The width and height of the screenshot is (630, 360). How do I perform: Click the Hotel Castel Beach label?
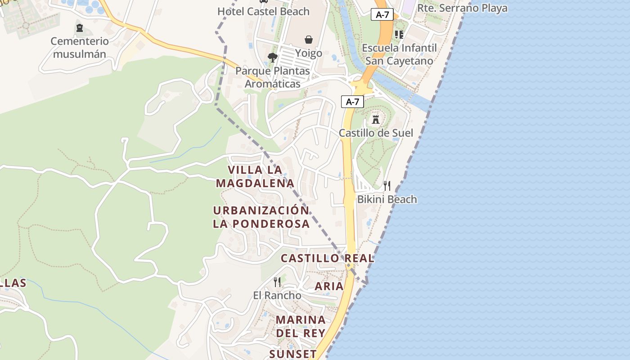click(263, 11)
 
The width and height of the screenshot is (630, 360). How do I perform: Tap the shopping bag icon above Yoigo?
click(309, 40)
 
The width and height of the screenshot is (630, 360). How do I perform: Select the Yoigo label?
click(309, 53)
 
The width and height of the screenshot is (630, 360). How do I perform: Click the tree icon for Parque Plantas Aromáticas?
click(272, 57)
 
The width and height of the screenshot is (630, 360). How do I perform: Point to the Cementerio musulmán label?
click(80, 48)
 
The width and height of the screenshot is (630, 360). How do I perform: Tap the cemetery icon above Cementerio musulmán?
click(80, 28)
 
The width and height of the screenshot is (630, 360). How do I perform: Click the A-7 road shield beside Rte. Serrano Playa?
click(382, 14)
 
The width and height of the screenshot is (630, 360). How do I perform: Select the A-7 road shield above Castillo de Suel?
click(352, 102)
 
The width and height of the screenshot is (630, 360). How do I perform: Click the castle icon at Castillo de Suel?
click(376, 120)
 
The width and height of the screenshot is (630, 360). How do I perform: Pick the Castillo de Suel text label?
click(376, 133)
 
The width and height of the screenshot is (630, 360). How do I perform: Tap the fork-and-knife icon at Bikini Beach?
click(387, 186)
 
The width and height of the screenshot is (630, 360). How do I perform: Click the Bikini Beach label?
click(387, 199)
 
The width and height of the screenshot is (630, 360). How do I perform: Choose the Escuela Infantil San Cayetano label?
click(399, 54)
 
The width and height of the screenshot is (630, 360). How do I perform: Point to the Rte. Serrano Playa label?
click(462, 8)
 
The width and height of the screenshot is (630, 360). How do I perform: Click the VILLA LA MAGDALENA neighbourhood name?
click(255, 176)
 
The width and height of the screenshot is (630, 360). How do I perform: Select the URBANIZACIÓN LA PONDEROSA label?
click(261, 217)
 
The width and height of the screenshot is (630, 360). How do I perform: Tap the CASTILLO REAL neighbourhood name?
click(328, 258)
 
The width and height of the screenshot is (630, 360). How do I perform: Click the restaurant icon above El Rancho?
click(277, 282)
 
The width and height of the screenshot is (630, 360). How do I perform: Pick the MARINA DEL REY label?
click(301, 326)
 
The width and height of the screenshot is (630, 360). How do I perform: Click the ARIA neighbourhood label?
click(329, 286)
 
